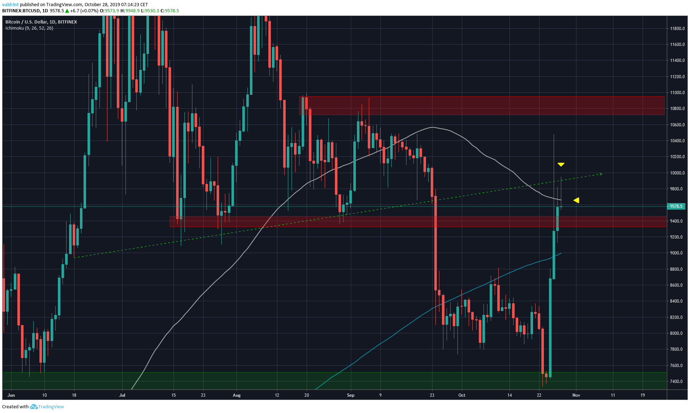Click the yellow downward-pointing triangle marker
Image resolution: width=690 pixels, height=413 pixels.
(x=561, y=165)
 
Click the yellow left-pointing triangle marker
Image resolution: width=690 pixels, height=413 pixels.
(x=576, y=200)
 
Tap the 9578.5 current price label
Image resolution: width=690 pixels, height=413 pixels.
(x=676, y=206)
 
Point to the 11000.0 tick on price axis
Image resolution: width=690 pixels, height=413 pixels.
(x=677, y=93)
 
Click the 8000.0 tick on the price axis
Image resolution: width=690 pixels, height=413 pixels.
(x=677, y=333)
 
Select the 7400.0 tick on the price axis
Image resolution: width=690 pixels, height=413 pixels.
(x=677, y=382)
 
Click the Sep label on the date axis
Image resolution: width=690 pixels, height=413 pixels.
(x=350, y=395)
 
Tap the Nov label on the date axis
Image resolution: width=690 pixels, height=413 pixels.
(x=576, y=395)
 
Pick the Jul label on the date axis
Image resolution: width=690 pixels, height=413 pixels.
(x=122, y=395)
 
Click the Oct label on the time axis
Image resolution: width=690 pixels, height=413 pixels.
(x=462, y=395)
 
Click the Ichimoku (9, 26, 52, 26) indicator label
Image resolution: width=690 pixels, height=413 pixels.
(x=29, y=28)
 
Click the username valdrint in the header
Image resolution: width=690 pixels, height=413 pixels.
(x=10, y=5)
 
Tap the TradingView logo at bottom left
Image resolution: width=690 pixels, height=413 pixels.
(x=47, y=406)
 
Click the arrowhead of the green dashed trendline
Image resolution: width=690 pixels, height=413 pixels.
(x=601, y=174)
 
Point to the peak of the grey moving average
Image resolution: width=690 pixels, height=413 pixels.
(x=432, y=127)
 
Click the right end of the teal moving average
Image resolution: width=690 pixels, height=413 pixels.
(x=561, y=253)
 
